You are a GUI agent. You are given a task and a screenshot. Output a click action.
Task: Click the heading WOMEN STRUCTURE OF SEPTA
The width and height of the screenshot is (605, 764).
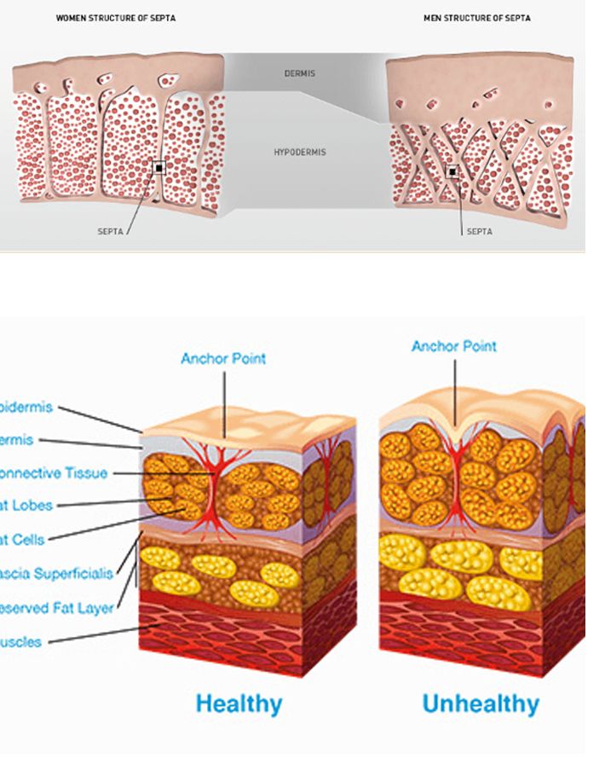tap(116, 18)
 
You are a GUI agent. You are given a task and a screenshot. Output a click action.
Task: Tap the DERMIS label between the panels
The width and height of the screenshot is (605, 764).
tap(299, 74)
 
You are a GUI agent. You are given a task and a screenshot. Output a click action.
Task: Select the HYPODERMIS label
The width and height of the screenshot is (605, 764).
tap(299, 152)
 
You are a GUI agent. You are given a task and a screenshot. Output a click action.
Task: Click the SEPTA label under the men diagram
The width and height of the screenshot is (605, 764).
tap(479, 230)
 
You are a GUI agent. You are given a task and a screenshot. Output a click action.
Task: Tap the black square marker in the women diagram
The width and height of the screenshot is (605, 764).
tap(159, 169)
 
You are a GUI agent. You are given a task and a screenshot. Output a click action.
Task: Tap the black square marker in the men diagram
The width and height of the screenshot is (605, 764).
tap(452, 172)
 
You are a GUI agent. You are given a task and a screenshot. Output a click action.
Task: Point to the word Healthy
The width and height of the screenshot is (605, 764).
tap(239, 704)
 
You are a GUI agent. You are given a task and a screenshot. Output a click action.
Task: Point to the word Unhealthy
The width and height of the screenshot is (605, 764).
tap(481, 704)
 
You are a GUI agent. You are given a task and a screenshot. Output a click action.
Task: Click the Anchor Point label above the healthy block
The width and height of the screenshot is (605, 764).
tap(223, 358)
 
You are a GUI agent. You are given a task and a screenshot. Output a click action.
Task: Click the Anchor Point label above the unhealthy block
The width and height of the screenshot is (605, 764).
tap(453, 346)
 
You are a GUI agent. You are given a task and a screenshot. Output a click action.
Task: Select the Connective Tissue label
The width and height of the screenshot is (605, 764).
tap(53, 472)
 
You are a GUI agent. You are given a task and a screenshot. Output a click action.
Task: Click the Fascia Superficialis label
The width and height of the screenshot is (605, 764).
tap(55, 574)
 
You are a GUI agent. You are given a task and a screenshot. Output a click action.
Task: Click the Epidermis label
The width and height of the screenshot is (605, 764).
tap(26, 407)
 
